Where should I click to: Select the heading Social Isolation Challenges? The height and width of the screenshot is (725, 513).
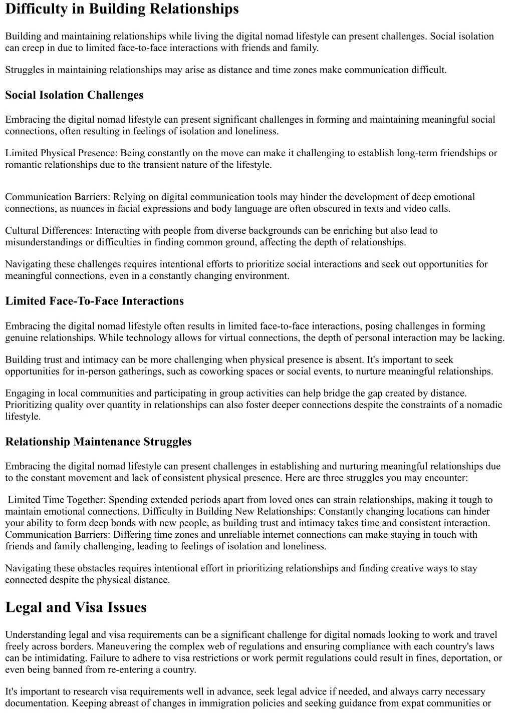click(74, 95)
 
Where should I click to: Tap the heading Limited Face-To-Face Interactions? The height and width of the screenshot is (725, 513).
click(94, 301)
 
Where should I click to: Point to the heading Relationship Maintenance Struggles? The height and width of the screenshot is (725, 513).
click(98, 442)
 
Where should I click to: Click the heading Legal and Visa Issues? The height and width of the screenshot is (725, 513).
click(76, 607)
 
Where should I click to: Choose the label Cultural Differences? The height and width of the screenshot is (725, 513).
click(48, 231)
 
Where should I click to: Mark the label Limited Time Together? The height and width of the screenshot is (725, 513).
click(56, 500)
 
